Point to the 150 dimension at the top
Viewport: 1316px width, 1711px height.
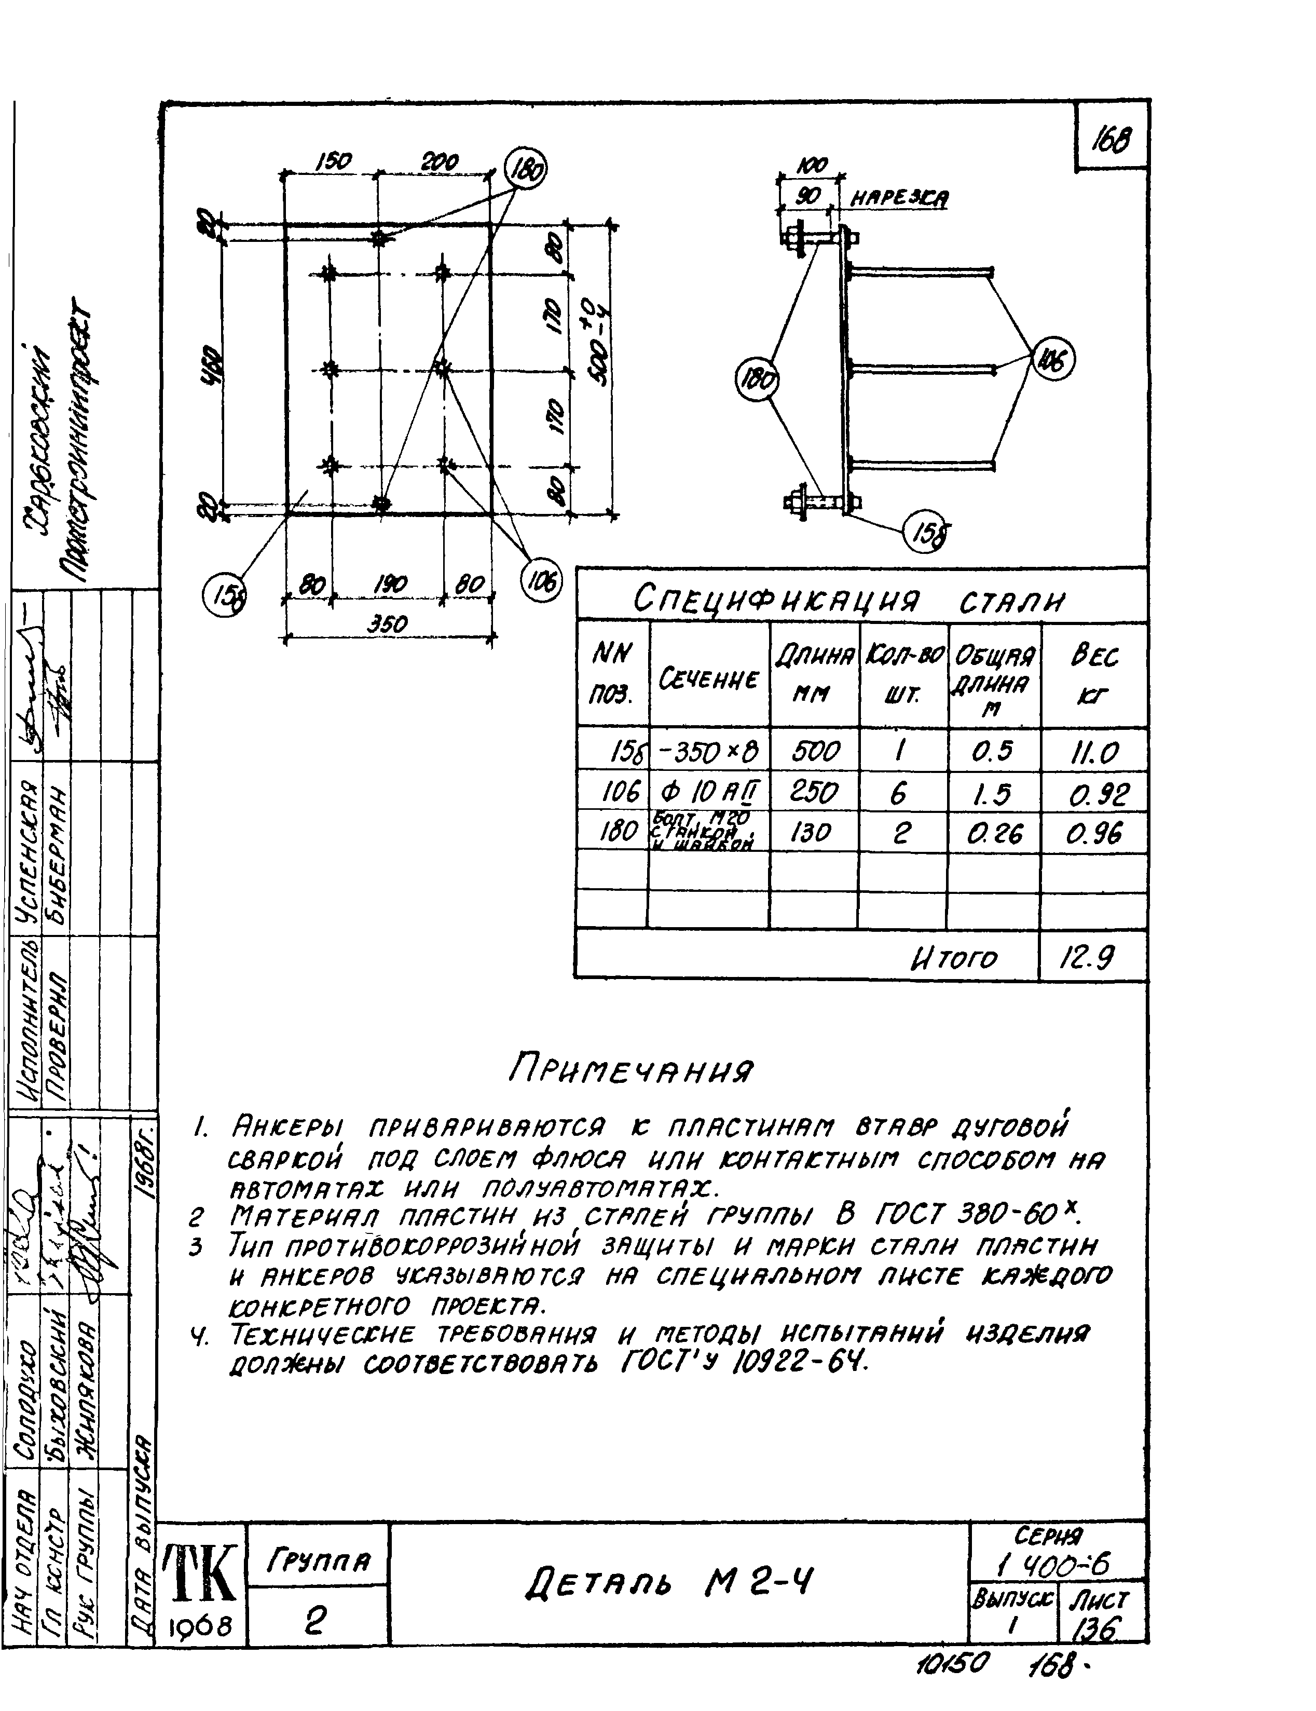pyautogui.click(x=333, y=162)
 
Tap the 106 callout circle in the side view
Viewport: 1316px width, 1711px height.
pyautogui.click(x=1053, y=360)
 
